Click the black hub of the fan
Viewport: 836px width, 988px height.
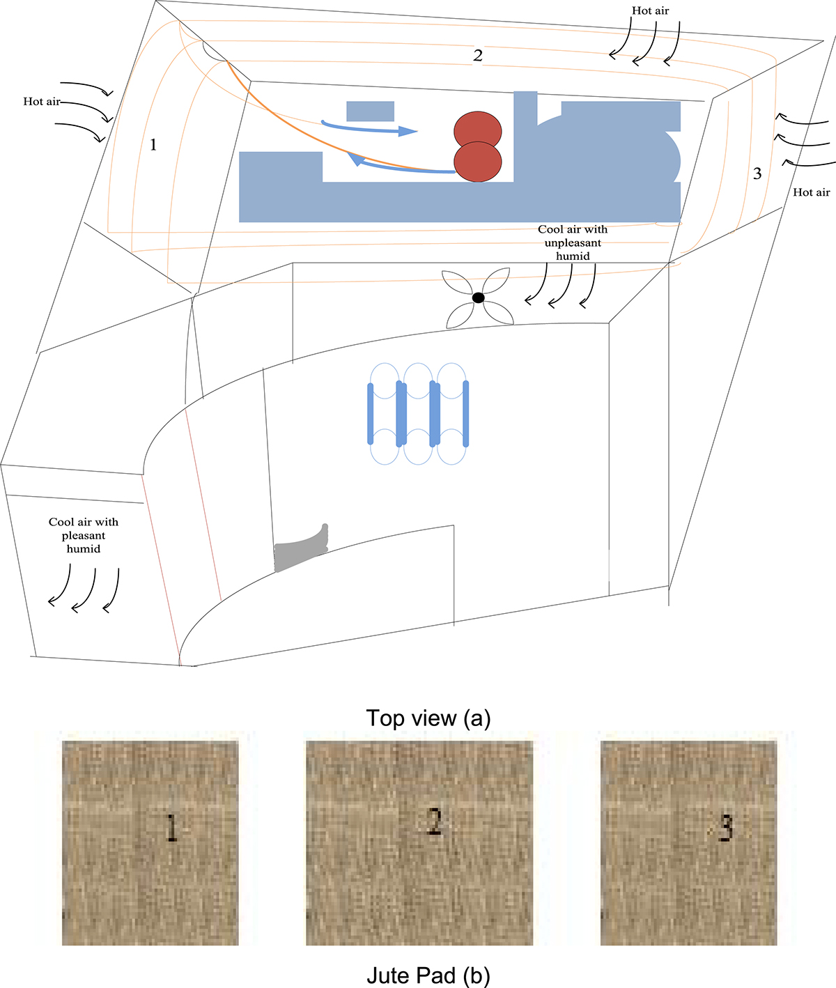pos(478,298)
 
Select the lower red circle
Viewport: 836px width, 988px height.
pos(478,162)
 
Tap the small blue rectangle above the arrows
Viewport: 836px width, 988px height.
pos(370,111)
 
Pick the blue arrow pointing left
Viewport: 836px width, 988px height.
pos(397,165)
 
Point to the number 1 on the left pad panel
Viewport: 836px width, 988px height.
pos(153,145)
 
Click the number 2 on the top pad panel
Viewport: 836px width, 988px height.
pos(478,56)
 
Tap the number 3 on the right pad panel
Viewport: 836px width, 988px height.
pos(757,173)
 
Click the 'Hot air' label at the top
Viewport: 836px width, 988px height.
pos(650,10)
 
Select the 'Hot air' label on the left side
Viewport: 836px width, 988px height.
pos(42,102)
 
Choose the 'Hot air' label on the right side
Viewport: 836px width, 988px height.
pos(811,192)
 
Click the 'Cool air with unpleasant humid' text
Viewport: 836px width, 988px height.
pos(573,242)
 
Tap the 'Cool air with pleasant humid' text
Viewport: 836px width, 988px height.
pos(84,535)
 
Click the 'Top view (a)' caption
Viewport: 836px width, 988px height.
pos(428,718)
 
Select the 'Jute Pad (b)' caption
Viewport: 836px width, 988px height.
pos(428,976)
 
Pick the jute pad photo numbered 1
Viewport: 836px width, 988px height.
pos(150,842)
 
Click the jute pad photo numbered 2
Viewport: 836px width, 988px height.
pos(419,842)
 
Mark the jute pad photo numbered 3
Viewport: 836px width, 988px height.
pos(688,842)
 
